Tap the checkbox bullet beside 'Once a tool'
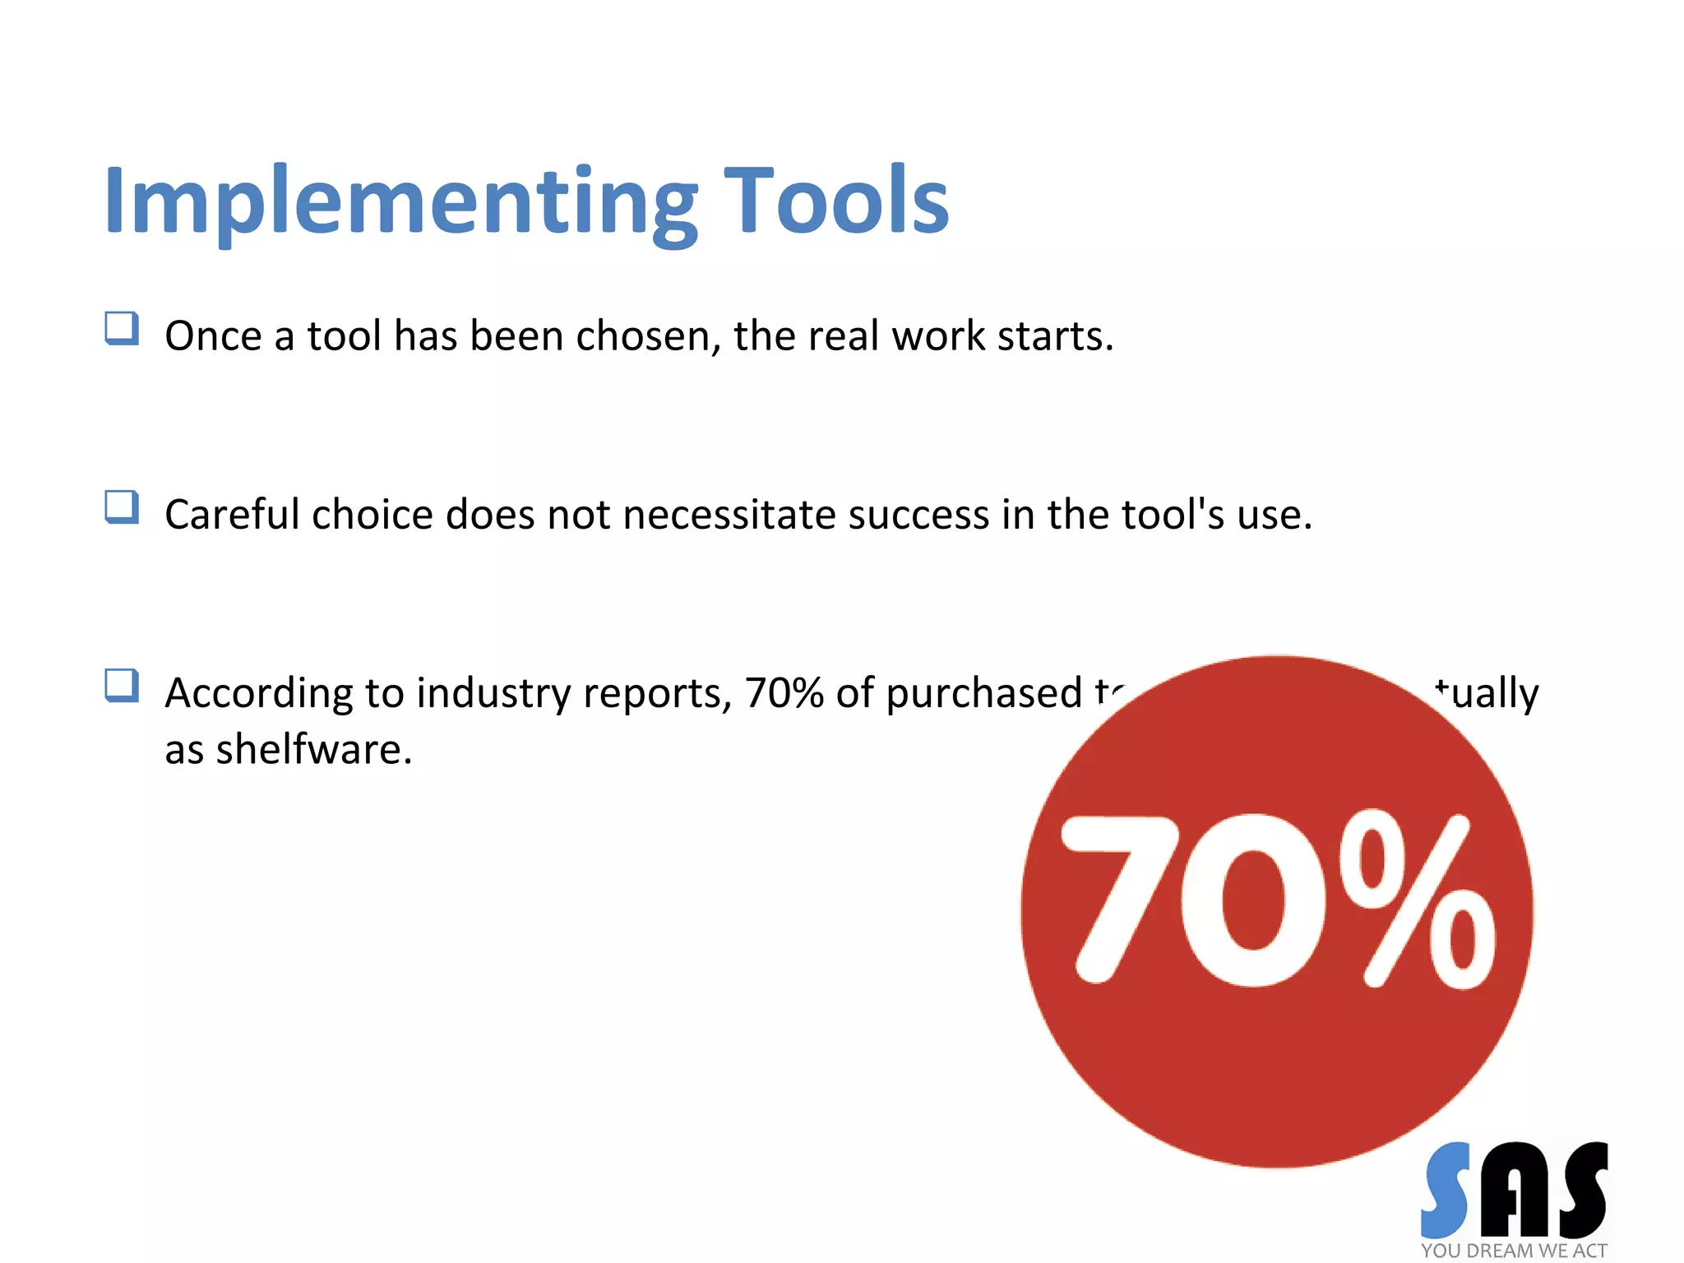122,328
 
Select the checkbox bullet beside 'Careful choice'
122,507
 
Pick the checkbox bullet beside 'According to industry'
122,685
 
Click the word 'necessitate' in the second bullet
729,516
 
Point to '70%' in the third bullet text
784,693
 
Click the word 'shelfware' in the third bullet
309,749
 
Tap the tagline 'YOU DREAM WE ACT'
1514,1251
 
